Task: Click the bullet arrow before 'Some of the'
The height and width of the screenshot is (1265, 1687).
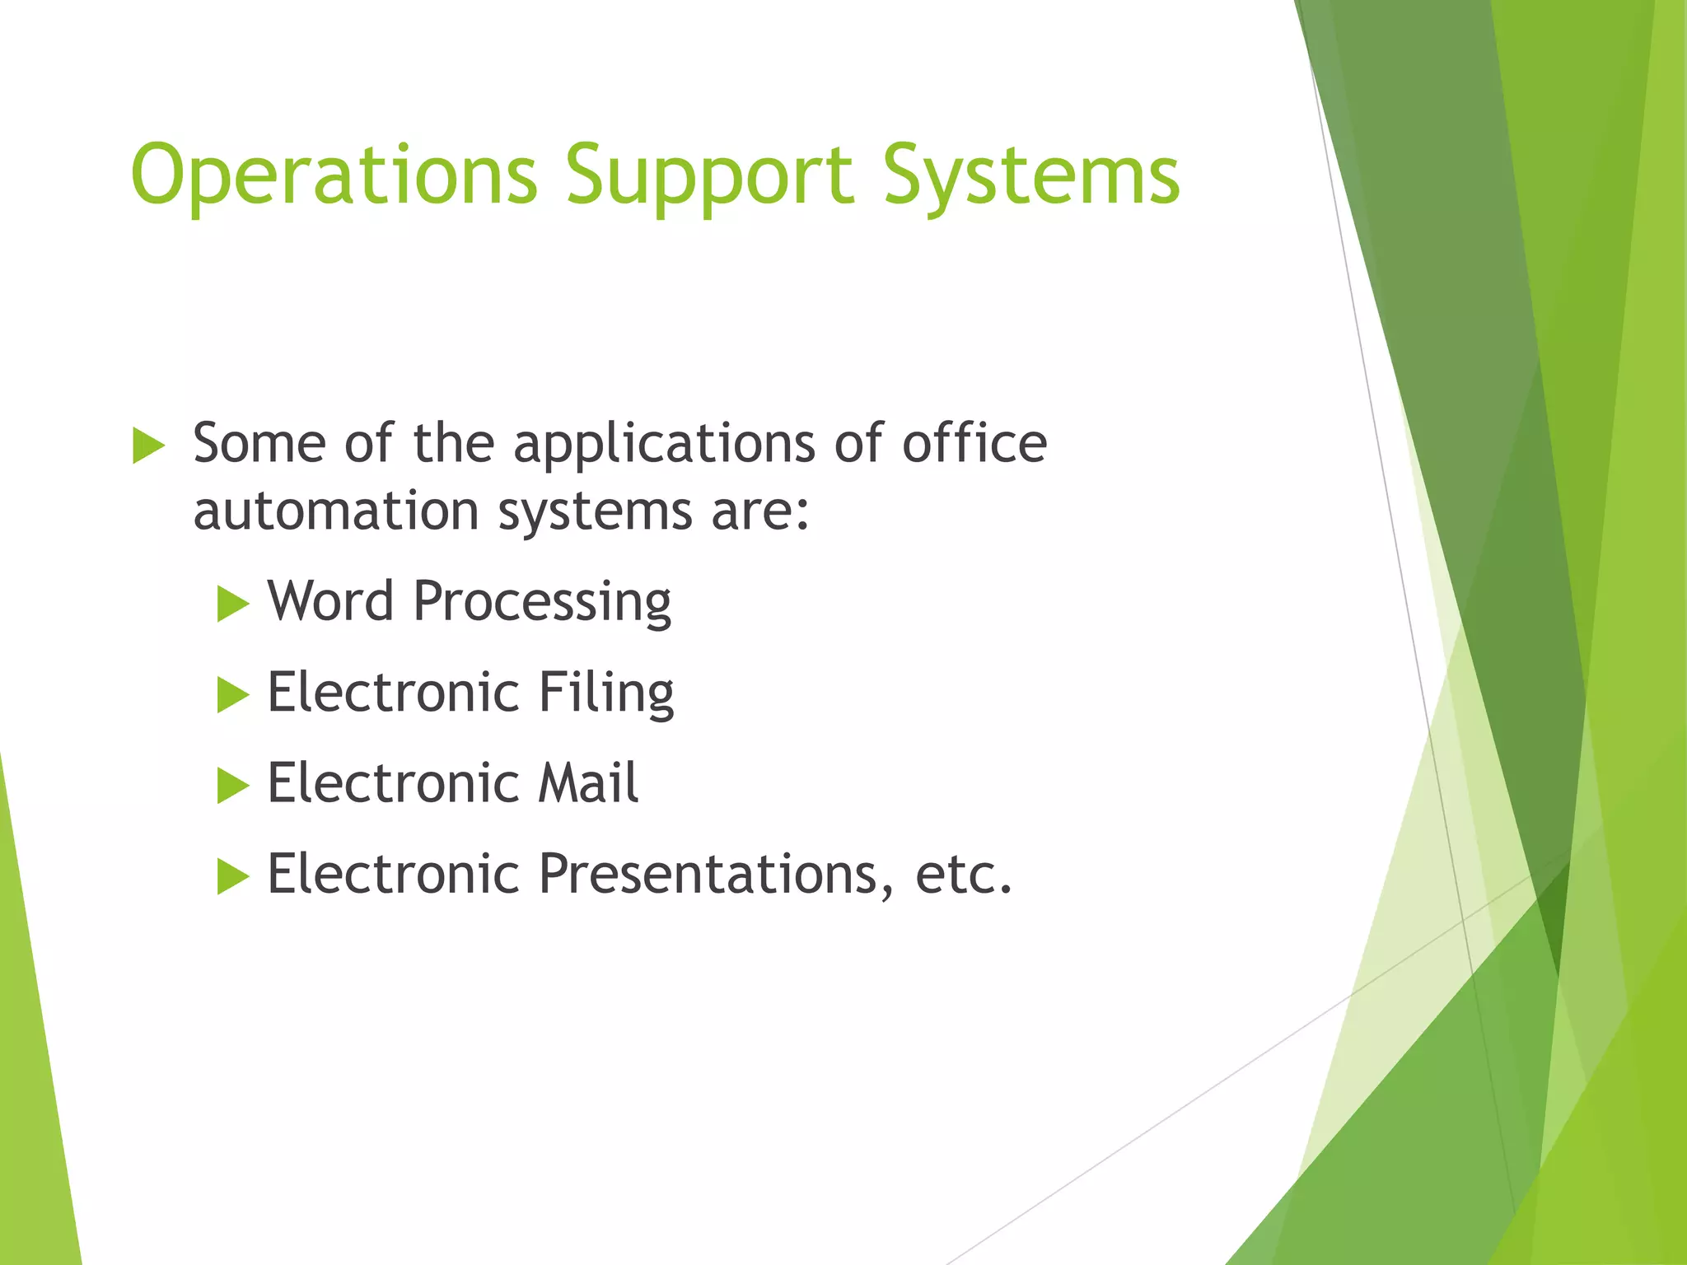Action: (x=148, y=446)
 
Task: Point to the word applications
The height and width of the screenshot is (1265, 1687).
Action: (x=664, y=446)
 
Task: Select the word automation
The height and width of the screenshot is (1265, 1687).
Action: (x=336, y=511)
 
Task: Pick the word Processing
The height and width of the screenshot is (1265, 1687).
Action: (x=542, y=603)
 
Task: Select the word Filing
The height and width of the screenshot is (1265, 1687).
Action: (x=606, y=693)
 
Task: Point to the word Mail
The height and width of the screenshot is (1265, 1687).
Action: (x=588, y=782)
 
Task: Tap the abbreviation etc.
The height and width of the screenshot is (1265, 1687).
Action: (x=963, y=874)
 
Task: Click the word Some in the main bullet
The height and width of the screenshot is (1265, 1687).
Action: (x=259, y=444)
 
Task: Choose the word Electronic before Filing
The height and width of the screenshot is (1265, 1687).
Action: (x=393, y=692)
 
